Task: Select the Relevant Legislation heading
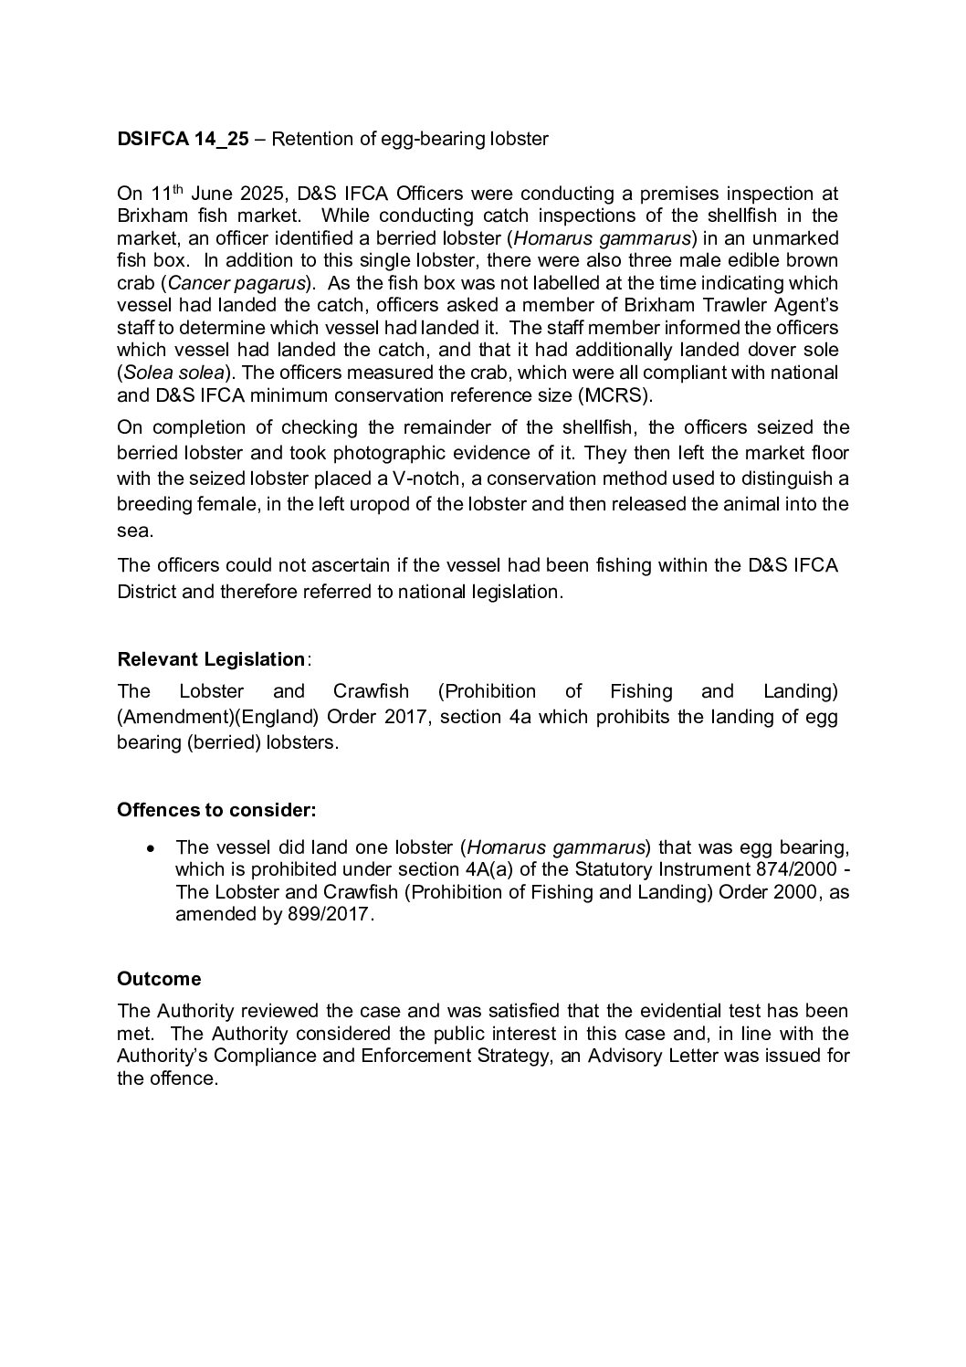click(211, 659)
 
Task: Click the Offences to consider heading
click(216, 810)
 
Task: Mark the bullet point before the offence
click(152, 848)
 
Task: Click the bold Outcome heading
click(159, 979)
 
